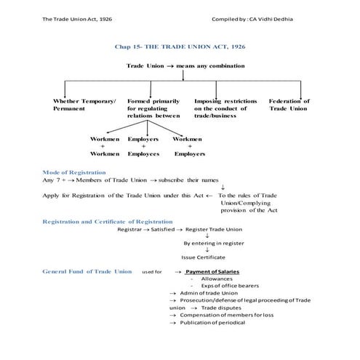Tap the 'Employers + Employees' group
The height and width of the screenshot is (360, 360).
(x=143, y=145)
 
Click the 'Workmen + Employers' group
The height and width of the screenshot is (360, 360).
(x=189, y=145)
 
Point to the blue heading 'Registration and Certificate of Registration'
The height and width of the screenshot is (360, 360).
(x=108, y=221)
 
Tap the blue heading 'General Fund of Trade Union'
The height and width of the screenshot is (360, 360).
(x=87, y=271)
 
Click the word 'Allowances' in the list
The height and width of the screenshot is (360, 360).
(x=215, y=279)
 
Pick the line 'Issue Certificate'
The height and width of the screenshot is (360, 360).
(x=203, y=257)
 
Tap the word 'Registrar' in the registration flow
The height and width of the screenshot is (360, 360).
(x=131, y=229)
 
